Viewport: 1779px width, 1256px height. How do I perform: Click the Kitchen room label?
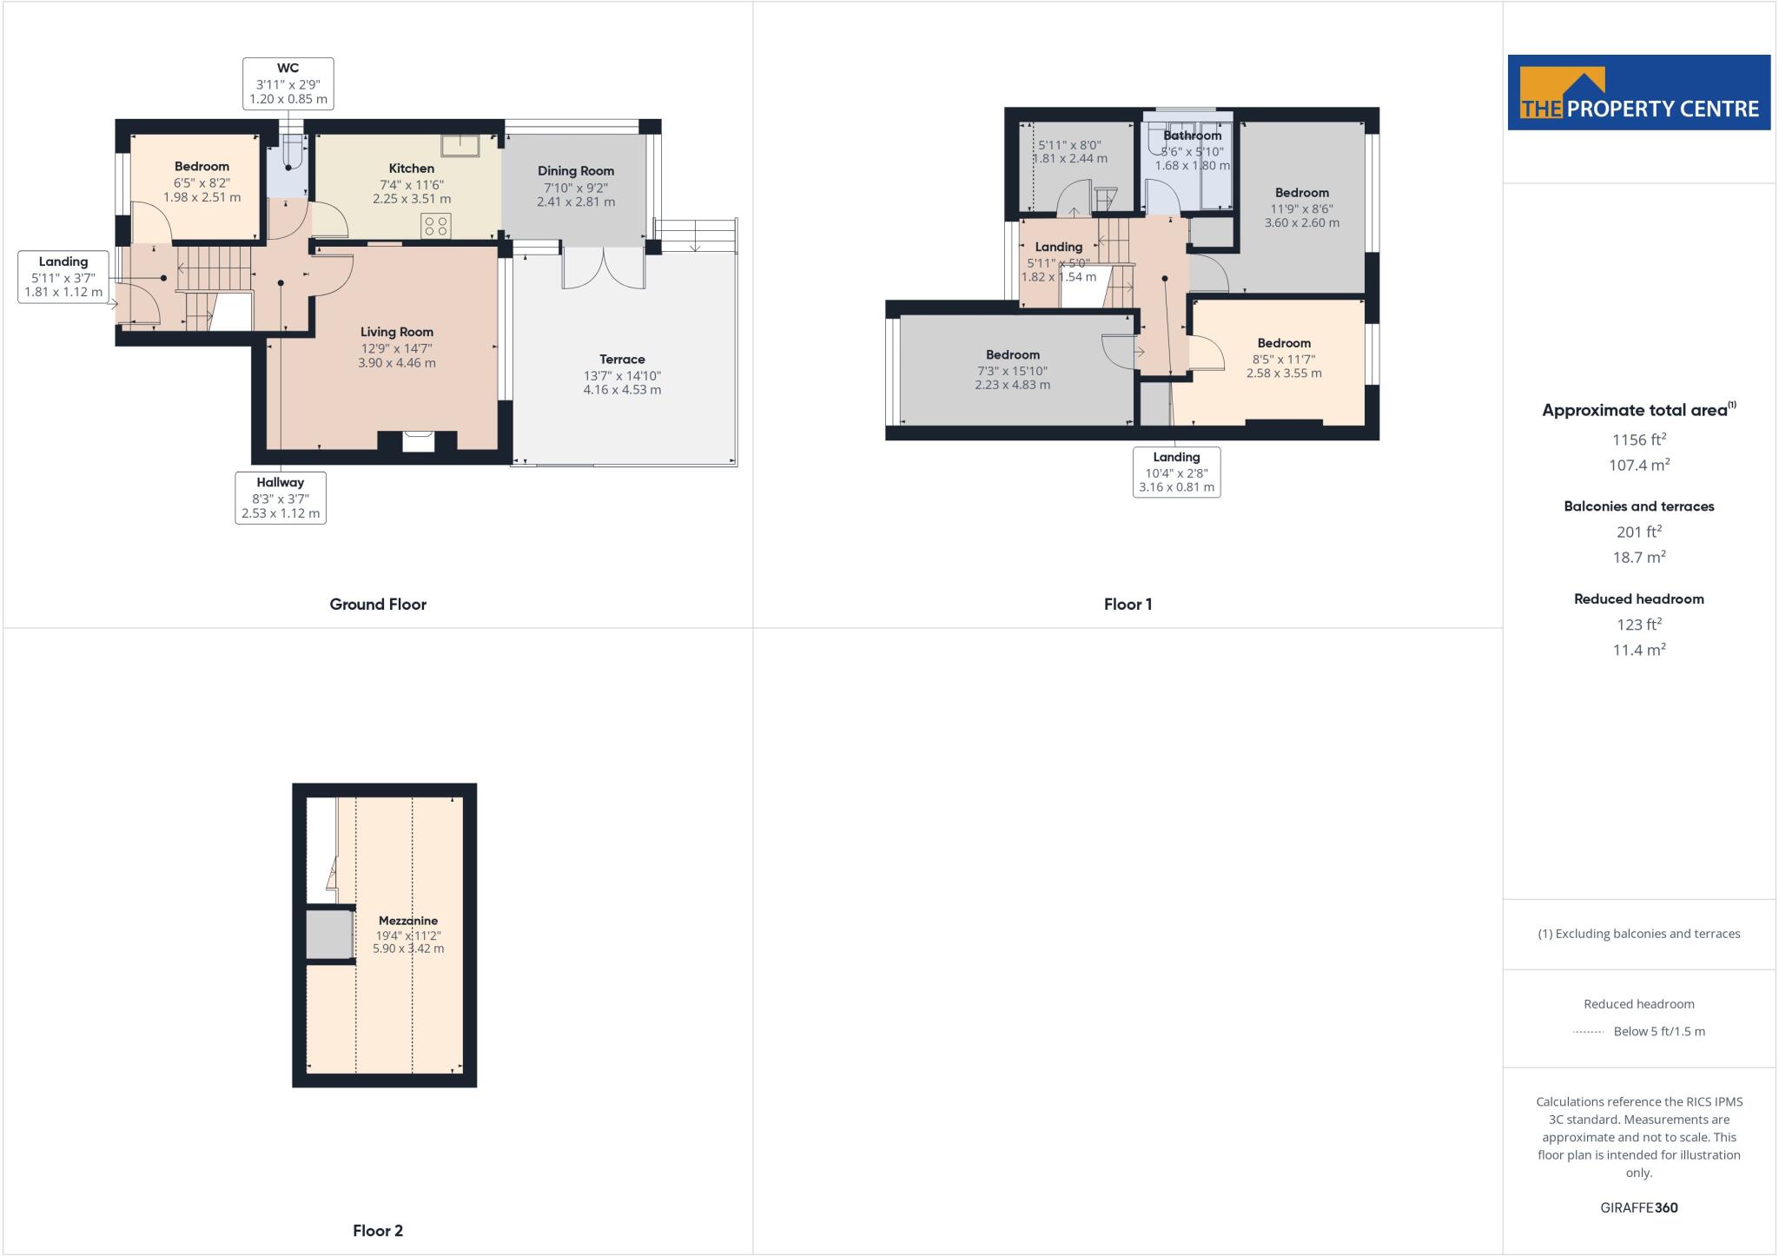pos(411,169)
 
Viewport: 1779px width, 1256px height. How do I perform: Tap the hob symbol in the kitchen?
pos(435,226)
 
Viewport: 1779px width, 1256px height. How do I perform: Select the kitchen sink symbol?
pos(460,146)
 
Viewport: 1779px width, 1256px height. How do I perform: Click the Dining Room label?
pos(575,171)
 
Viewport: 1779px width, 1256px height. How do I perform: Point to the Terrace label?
pos(622,360)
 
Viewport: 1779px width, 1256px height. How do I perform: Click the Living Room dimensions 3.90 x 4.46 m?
pos(397,363)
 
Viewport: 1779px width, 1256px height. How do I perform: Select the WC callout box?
pos(288,83)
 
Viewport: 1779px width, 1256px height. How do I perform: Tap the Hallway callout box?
pos(281,498)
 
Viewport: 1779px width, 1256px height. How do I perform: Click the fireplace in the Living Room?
pos(417,441)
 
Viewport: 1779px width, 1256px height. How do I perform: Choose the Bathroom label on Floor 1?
pos(1192,136)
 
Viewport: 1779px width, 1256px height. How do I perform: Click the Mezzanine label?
pos(408,921)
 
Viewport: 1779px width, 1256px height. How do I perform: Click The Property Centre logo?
pos(1638,93)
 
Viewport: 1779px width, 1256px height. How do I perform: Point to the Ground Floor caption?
pos(378,605)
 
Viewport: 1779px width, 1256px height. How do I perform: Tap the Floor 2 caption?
pos(378,1231)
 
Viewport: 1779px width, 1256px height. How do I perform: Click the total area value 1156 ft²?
pos(1638,440)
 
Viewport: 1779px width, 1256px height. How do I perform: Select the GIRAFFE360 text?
pos(1638,1207)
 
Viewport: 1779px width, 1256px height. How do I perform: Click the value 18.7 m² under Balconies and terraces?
pos(1638,558)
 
